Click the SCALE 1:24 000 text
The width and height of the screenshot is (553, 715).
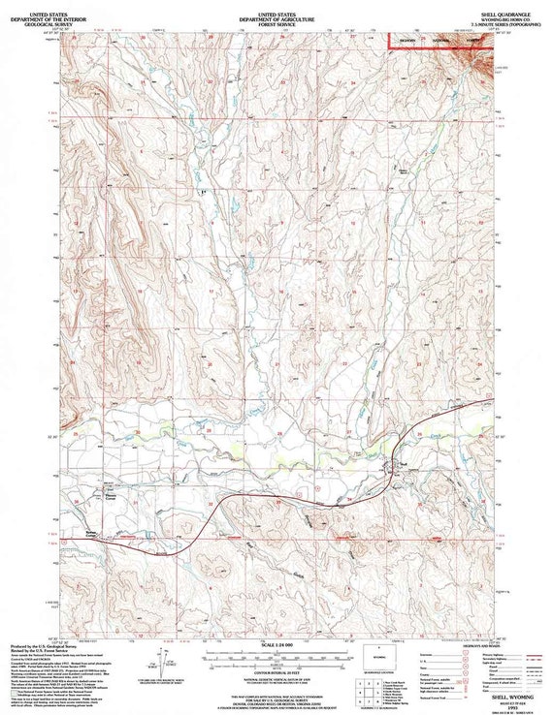click(276, 643)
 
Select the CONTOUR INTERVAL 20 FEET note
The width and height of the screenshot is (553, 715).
click(276, 670)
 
